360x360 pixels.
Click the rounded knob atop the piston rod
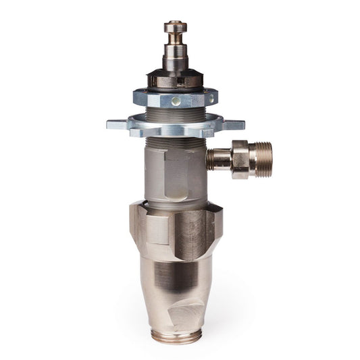point(175,28)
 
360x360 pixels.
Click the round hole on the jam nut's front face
point(176,101)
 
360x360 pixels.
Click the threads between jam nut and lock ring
point(175,112)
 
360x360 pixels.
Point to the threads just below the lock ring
point(175,139)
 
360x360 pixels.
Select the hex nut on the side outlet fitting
point(240,159)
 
